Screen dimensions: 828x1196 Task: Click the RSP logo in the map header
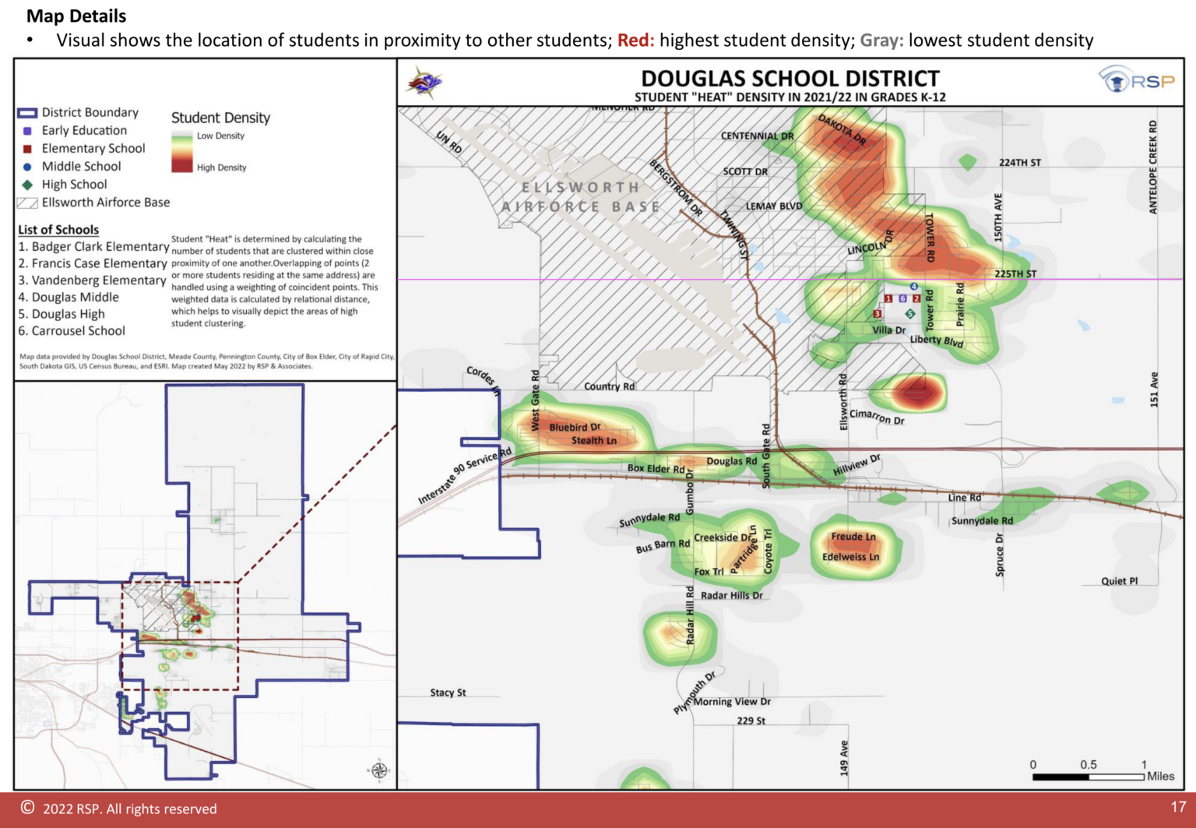tap(1137, 80)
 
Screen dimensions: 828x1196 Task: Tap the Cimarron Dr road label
tap(877, 417)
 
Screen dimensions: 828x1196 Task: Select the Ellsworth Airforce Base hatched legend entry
tap(93, 203)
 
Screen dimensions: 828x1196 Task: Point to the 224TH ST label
tap(1019, 163)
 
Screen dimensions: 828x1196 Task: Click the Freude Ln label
tap(853, 537)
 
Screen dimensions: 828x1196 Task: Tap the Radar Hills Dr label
tap(731, 596)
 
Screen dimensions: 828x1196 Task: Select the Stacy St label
tap(448, 692)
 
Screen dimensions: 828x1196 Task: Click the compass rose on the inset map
tap(379, 770)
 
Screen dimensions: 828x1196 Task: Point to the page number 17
tap(1178, 807)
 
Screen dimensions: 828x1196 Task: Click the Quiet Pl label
tap(1119, 581)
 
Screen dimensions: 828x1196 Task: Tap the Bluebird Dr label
tap(575, 428)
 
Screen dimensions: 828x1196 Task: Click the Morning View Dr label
tap(732, 702)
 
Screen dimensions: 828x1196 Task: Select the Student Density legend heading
tap(220, 118)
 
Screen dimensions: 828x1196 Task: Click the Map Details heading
tap(76, 16)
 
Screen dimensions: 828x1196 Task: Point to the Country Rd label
tap(609, 386)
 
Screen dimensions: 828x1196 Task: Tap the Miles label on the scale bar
tap(1160, 776)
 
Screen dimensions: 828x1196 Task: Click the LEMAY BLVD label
tap(773, 206)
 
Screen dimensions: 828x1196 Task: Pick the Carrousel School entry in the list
tap(72, 331)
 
